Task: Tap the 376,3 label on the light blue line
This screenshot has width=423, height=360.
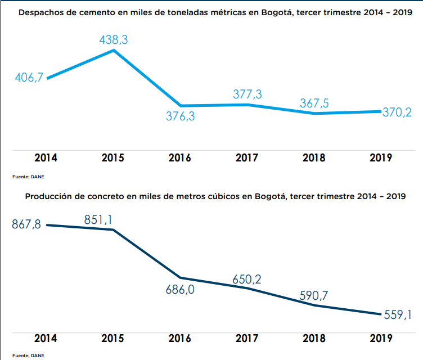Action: click(x=180, y=118)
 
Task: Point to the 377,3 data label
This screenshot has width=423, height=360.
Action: click(x=247, y=94)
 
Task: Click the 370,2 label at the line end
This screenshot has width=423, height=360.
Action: click(x=397, y=112)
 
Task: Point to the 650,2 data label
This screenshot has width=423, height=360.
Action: click(x=247, y=279)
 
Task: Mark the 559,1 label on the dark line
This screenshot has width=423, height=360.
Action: click(x=397, y=315)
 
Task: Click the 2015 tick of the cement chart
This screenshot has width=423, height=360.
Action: click(x=113, y=158)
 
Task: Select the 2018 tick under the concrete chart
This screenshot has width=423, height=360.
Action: click(x=313, y=339)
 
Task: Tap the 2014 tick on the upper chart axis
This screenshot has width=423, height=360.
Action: click(x=46, y=158)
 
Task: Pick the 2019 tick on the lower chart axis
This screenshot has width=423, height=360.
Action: click(x=380, y=339)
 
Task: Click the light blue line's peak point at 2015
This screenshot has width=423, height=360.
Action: click(x=114, y=50)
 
